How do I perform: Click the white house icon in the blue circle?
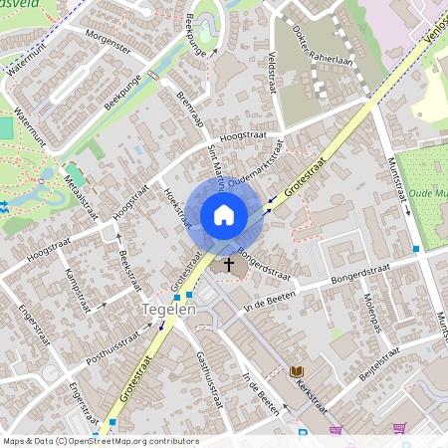click(224, 214)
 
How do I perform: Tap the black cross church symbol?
click(230, 265)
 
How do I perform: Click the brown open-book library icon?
click(296, 371)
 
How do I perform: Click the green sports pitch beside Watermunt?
click(7, 128)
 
